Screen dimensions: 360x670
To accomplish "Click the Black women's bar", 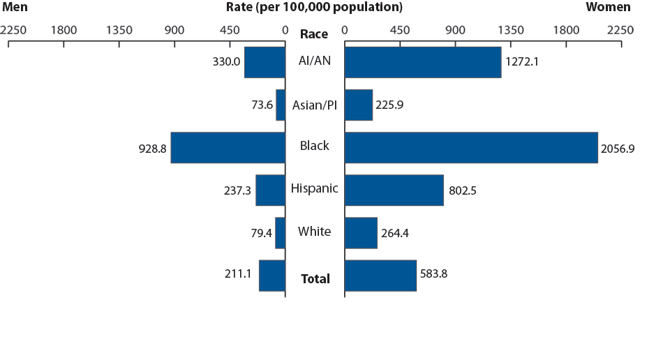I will (471, 147).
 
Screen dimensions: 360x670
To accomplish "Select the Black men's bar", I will (228, 147).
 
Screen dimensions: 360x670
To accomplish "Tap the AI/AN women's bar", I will (423, 62).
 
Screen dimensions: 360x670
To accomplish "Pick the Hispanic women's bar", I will (394, 190).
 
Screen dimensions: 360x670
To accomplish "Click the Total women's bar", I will (380, 275).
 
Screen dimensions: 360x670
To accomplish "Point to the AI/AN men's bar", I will (265, 62).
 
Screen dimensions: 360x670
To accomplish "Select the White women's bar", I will (361, 232).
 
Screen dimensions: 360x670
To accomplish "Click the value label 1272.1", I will (521, 62).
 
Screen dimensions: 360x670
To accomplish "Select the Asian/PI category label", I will (314, 105).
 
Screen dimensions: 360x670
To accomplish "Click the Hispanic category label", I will (314, 188).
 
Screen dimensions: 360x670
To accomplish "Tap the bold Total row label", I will (315, 279).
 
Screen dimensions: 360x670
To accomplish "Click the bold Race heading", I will (313, 34).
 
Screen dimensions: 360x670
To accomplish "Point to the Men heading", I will (15, 8).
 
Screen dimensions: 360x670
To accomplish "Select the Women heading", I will (607, 8).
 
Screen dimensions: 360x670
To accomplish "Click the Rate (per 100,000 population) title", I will (314, 8).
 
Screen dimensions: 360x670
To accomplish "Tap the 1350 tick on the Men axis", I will (119, 30).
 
